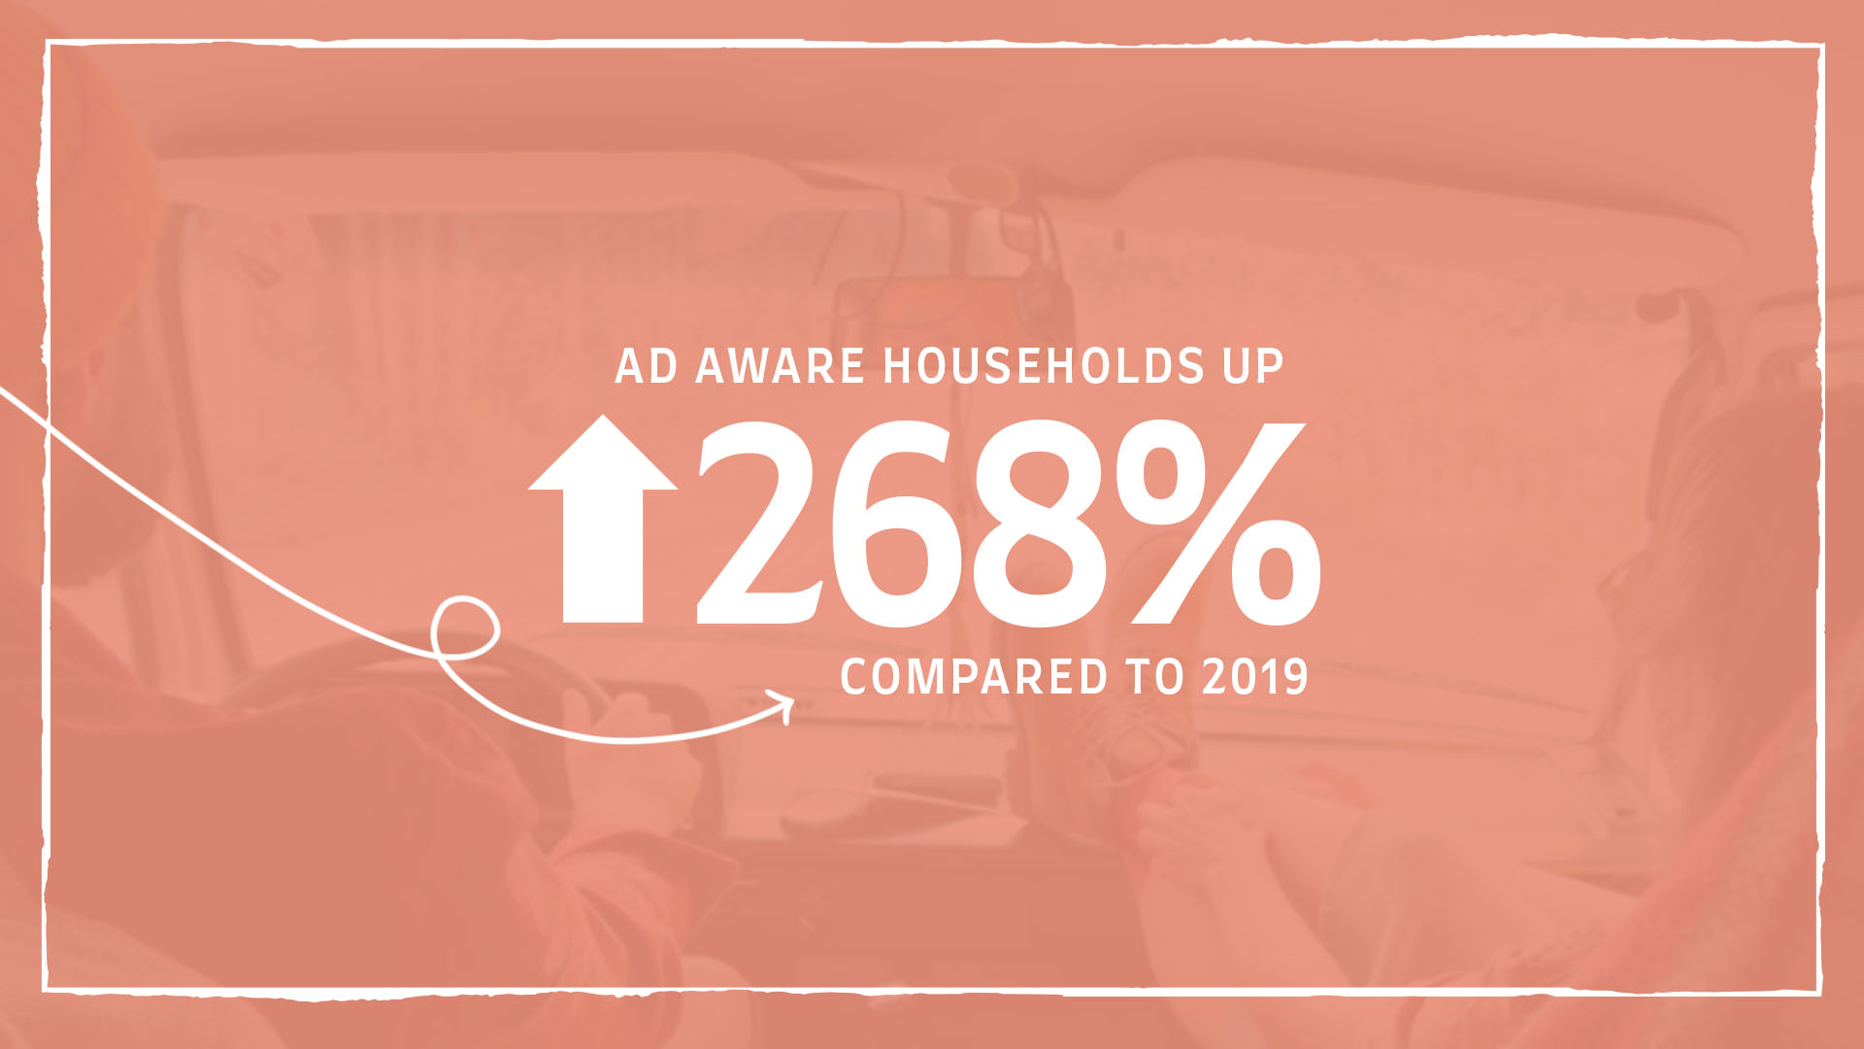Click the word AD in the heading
647,366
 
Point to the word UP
1252,366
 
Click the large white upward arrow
603,519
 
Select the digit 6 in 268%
898,523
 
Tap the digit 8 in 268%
1039,523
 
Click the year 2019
1255,677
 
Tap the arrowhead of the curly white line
783,706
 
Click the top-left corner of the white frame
47,43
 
